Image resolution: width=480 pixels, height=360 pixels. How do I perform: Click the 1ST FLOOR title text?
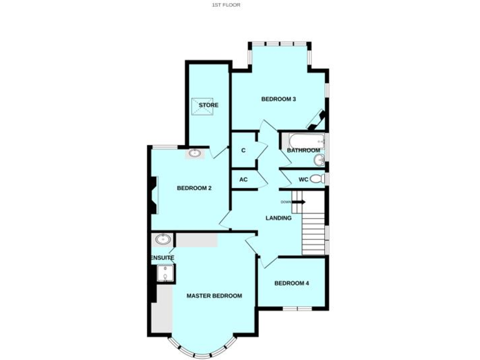point(226,4)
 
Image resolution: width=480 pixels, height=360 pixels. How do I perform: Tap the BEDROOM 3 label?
point(278,99)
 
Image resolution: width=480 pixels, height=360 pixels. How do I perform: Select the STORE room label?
point(209,105)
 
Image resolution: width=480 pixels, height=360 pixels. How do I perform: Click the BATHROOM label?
point(304,151)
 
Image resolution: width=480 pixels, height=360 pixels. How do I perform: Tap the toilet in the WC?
point(317,179)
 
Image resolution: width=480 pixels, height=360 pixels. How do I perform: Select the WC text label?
point(303,180)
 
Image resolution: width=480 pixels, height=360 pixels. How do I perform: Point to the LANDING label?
point(278,218)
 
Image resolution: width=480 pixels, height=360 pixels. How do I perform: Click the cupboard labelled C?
point(243,151)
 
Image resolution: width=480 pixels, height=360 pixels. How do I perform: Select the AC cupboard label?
point(243,179)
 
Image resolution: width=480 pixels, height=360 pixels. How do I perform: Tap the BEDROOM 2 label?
point(194,188)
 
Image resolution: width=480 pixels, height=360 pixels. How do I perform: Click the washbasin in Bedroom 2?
point(194,152)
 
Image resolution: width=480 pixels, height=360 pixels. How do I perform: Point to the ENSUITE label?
point(162,257)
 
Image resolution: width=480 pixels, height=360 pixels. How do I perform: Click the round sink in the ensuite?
point(164,238)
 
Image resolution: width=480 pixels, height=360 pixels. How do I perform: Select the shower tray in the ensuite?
point(166,273)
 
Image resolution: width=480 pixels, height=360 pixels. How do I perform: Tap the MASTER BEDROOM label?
point(214,296)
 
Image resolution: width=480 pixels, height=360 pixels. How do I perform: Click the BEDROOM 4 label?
point(291,283)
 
